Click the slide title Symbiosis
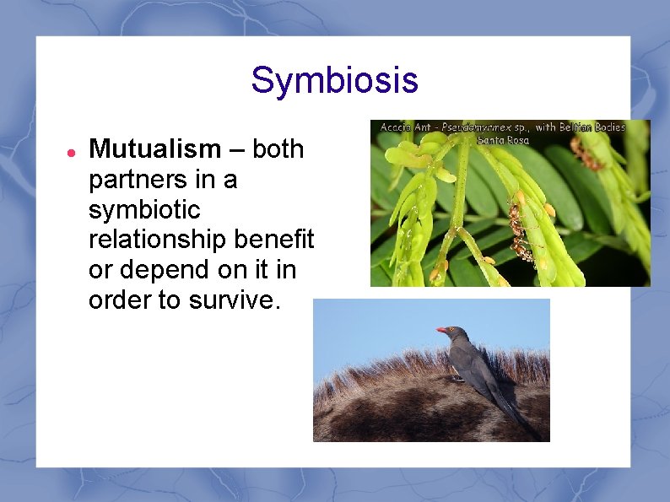click(334, 81)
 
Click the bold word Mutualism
click(154, 149)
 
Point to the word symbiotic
click(144, 210)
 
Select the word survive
click(236, 300)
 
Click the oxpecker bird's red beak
click(441, 330)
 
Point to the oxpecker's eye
click(453, 331)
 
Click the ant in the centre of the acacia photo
click(521, 233)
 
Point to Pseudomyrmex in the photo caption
click(477, 127)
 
